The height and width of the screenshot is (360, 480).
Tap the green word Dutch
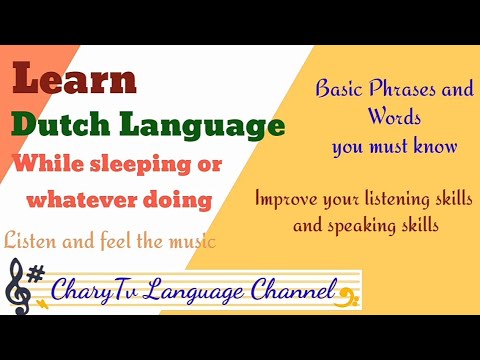pos(61,126)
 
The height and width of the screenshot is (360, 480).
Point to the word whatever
pos(75,200)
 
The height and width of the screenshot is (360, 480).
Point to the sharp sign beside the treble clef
pos(37,273)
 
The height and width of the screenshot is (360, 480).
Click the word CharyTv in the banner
pos(96,292)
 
